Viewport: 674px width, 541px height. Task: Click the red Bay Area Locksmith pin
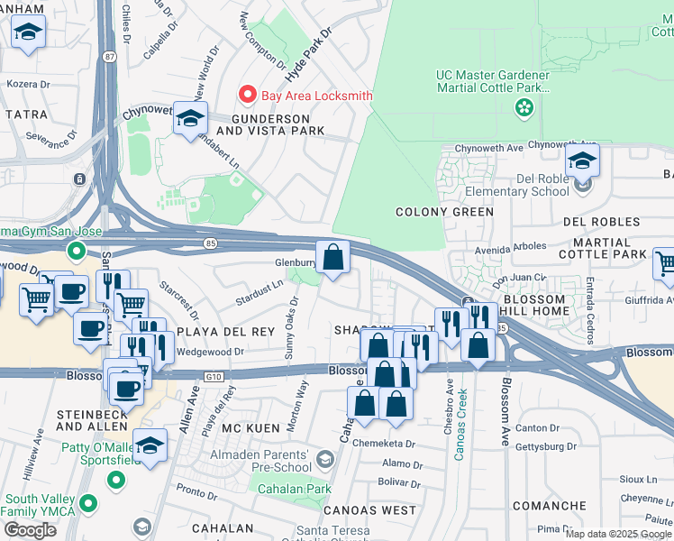tap(246, 94)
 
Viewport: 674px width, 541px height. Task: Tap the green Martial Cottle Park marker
tap(523, 108)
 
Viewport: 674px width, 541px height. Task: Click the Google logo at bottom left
tap(30, 530)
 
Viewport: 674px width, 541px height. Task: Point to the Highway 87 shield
tap(109, 56)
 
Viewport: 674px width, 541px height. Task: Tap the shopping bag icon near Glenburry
tap(332, 256)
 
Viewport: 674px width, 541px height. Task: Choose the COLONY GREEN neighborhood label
tap(444, 212)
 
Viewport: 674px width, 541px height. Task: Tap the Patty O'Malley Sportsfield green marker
tap(116, 481)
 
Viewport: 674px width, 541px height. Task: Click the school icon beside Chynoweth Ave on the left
tap(190, 118)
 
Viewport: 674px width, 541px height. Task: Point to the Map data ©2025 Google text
tap(618, 534)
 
